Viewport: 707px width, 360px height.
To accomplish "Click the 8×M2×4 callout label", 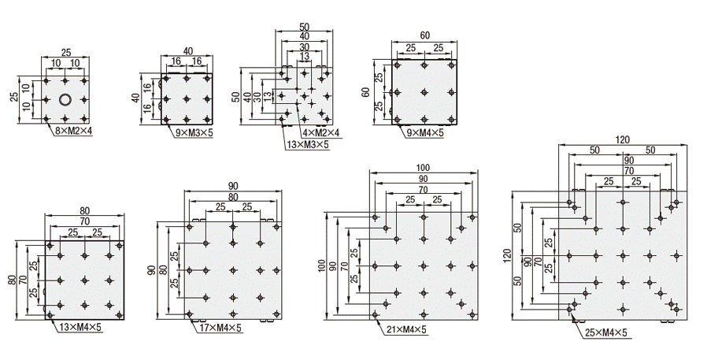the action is coord(73,132).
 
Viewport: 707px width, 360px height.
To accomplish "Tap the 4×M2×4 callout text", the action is coord(320,133).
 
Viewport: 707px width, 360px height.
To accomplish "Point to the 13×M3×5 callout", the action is coord(308,145).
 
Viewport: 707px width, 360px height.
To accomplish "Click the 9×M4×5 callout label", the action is coord(425,132).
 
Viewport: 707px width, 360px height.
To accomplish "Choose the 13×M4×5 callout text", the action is coord(81,328).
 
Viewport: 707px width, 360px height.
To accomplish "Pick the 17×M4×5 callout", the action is coord(220,328).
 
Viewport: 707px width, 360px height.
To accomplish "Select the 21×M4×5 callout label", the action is coord(405,330).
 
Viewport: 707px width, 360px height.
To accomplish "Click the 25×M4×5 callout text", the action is coord(606,333).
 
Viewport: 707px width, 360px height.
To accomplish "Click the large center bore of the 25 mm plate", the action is coord(65,100).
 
